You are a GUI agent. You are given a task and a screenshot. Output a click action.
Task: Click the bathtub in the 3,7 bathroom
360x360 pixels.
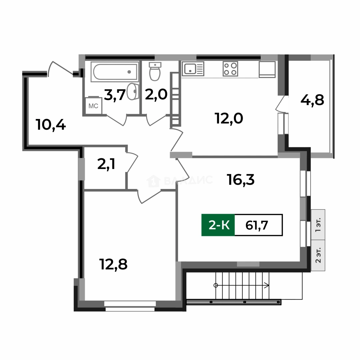[x=115, y=72]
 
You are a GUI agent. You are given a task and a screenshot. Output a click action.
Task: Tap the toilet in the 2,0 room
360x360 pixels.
[x=155, y=71]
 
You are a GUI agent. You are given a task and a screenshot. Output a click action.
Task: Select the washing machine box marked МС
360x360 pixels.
[x=93, y=106]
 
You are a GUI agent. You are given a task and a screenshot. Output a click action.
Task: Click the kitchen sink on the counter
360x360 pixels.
[x=193, y=69]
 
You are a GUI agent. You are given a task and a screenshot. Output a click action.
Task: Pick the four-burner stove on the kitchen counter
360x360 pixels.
[x=230, y=69]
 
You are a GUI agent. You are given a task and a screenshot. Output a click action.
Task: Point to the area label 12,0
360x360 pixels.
[x=229, y=118]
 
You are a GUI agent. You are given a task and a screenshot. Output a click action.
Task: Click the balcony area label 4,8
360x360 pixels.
[x=312, y=100]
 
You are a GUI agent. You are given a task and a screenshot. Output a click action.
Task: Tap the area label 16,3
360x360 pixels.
[x=241, y=180]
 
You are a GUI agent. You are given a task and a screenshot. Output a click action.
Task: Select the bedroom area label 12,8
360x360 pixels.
[x=113, y=264]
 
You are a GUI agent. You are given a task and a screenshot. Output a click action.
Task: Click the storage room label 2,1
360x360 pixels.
[x=106, y=164]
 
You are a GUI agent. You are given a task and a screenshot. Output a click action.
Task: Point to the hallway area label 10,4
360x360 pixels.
[x=51, y=125]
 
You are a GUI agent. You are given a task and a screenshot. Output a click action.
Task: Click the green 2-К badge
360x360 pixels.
[x=218, y=225]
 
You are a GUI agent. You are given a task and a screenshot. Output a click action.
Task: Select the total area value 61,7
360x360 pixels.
[x=257, y=225]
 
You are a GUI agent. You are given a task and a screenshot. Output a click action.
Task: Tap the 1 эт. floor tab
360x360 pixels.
[x=318, y=225]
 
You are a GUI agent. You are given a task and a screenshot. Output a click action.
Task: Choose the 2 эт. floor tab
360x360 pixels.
[x=318, y=255]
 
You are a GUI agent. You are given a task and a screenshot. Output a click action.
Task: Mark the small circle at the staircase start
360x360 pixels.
[x=216, y=285]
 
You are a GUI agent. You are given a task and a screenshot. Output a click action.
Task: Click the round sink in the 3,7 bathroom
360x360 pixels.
[x=133, y=91]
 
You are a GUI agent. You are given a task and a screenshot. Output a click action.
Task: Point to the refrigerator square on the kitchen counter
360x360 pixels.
[x=267, y=69]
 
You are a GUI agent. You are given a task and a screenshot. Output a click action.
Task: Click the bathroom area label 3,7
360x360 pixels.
[x=115, y=95]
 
